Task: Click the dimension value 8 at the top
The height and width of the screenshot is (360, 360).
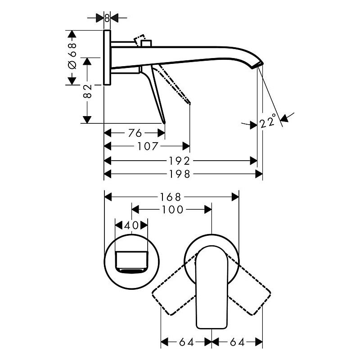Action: coord(107,18)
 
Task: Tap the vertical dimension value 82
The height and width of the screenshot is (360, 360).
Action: coord(87,91)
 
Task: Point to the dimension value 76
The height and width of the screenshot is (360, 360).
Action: coord(135,133)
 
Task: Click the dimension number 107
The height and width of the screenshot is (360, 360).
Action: coord(148,146)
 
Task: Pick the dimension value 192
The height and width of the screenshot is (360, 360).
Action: coord(180,161)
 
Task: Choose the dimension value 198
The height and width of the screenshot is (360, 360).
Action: coord(180,174)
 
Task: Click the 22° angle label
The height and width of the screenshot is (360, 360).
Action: coord(268,121)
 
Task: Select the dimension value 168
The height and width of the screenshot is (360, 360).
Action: coord(171,197)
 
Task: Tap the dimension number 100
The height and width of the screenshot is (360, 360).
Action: coord(173,209)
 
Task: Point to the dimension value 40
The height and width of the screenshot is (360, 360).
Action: coord(131,225)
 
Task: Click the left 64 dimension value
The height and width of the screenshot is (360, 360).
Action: coord(186,342)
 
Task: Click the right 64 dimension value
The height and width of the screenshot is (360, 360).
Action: coord(237,342)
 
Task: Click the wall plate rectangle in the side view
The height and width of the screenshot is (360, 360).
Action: coord(107,58)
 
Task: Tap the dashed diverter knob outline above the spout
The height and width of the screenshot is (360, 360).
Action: coord(139,40)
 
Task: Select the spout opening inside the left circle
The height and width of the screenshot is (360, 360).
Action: coord(131,262)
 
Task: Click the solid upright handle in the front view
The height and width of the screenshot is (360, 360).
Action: coord(211,288)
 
